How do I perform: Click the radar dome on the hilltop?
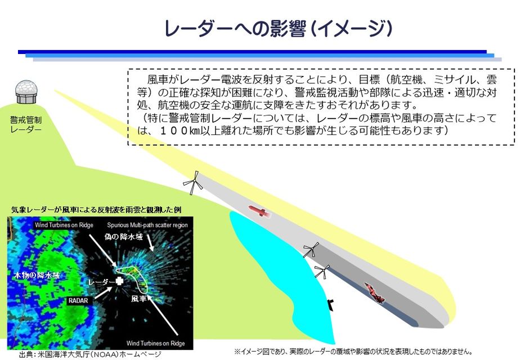click(26, 91)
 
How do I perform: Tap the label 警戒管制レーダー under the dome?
click(26, 124)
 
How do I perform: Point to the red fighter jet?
click(375, 292)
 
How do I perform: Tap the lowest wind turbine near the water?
click(322, 271)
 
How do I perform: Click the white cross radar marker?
click(119, 281)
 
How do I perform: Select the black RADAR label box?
click(78, 301)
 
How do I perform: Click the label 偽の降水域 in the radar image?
click(123, 237)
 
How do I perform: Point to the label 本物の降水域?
click(37, 275)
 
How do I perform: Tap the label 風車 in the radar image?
click(138, 299)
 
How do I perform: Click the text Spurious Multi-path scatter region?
click(147, 225)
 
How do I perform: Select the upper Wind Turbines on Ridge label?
click(64, 225)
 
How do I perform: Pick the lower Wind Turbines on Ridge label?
click(155, 344)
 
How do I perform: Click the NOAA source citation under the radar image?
click(90, 354)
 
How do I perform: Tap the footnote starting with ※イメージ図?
click(353, 352)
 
